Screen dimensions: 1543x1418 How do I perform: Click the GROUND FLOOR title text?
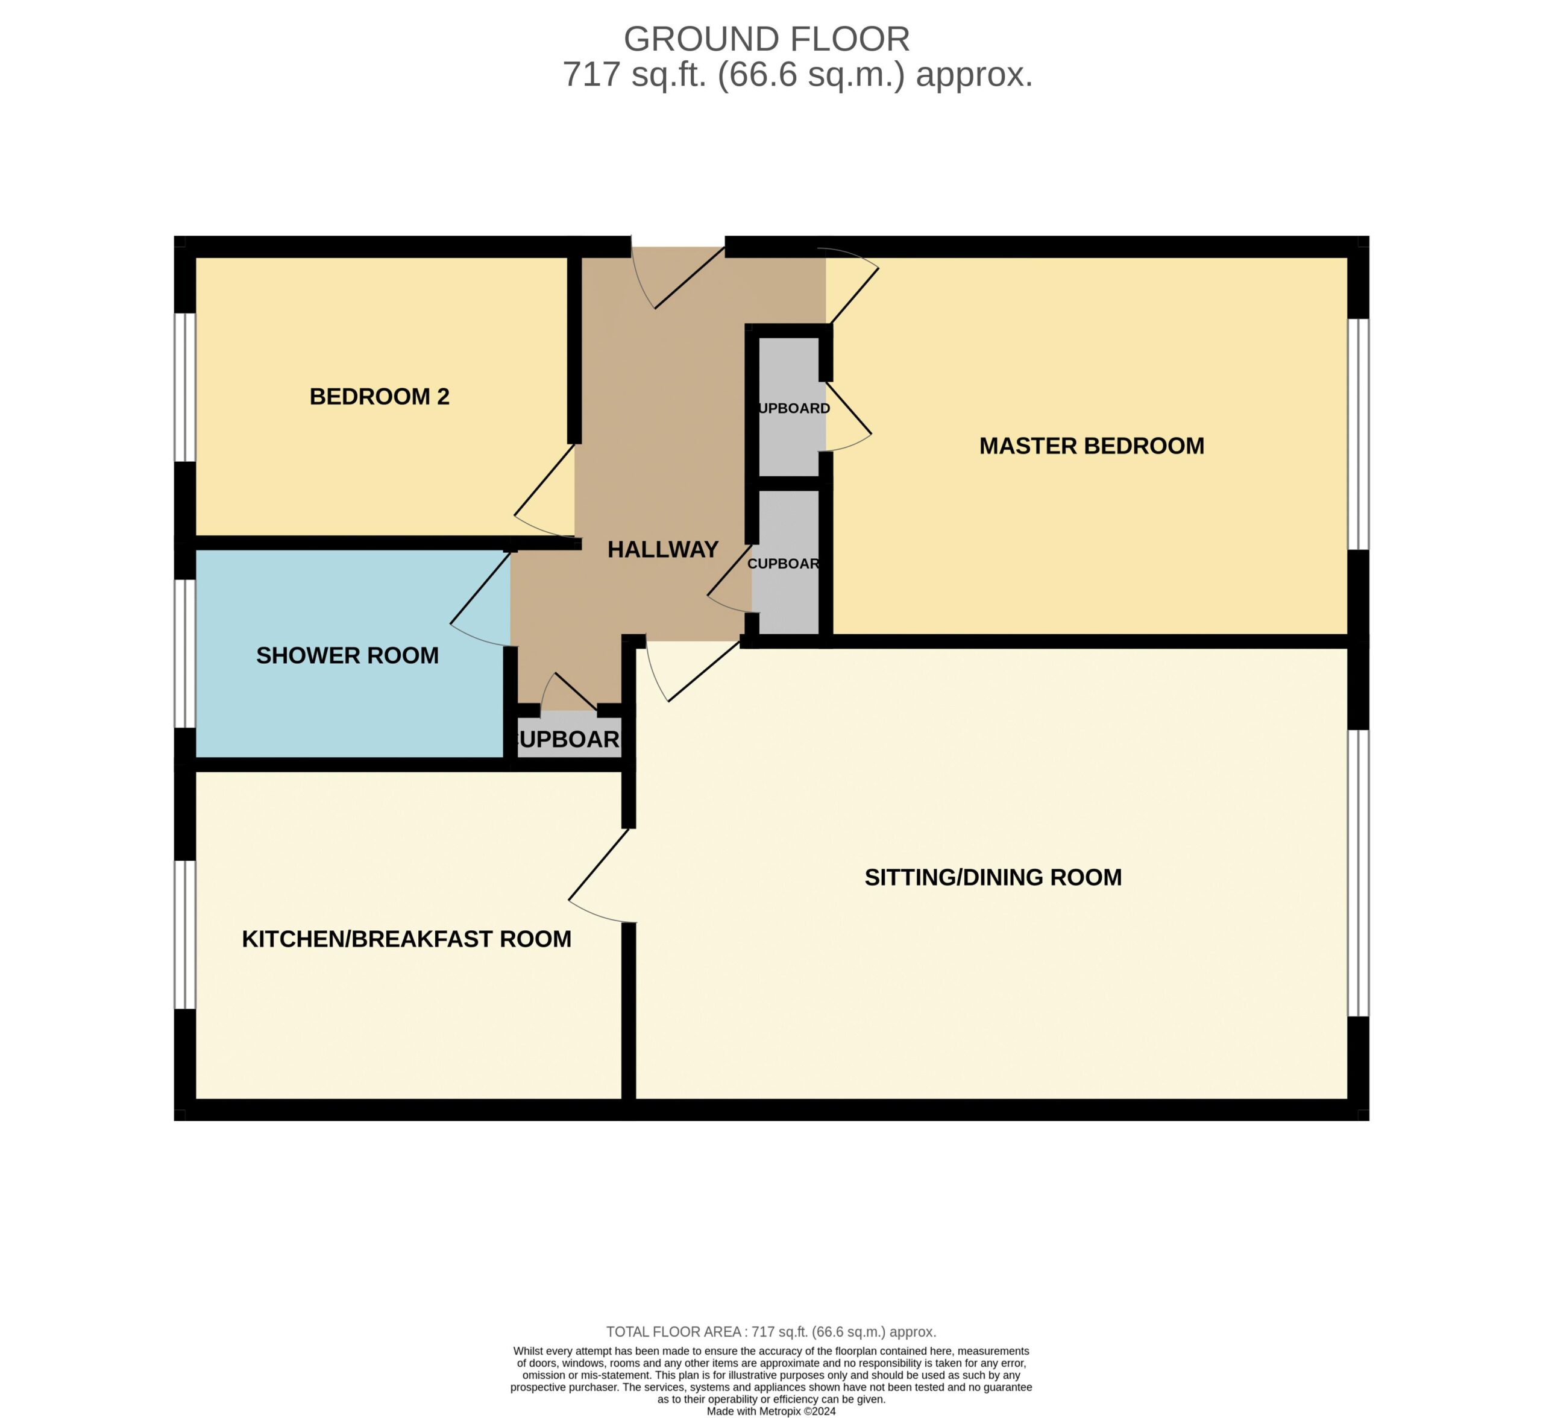[x=767, y=39]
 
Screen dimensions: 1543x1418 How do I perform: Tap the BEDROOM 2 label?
[x=379, y=397]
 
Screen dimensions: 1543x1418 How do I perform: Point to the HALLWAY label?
[x=663, y=549]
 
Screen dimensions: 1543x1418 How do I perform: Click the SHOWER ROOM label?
[x=348, y=655]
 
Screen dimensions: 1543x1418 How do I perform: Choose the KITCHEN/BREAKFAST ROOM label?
[x=407, y=939]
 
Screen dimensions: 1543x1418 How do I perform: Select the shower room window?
[x=185, y=653]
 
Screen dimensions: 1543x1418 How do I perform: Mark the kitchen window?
[x=185, y=934]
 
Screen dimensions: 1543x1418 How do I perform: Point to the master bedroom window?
[x=1358, y=434]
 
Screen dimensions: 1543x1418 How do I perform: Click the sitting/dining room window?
[x=1358, y=873]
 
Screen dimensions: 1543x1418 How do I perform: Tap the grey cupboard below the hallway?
[x=568, y=737]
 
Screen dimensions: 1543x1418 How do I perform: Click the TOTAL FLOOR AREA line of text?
[x=771, y=1332]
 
